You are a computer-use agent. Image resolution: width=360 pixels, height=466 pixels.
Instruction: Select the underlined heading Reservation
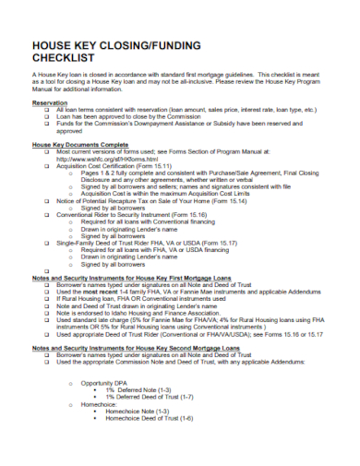51,104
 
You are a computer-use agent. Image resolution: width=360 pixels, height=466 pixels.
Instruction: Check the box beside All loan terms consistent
47,111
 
